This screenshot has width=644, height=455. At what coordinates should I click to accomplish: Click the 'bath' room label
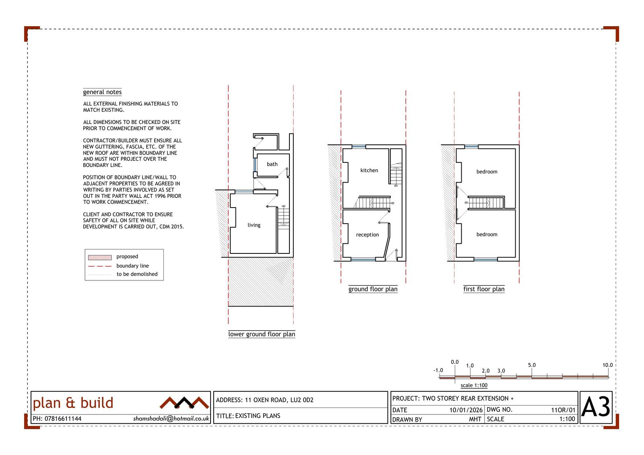point(272,164)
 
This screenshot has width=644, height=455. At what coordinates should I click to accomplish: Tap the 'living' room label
point(254,225)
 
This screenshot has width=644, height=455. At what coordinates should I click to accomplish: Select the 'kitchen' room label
point(369,170)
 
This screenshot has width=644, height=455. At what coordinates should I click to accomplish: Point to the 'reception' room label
point(367,235)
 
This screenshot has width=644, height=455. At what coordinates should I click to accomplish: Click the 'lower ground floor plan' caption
point(262,334)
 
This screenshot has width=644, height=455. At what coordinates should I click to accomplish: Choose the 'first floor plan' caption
point(484,289)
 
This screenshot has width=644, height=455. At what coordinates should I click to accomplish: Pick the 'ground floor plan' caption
point(373,289)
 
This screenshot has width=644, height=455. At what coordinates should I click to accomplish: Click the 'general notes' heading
point(102,92)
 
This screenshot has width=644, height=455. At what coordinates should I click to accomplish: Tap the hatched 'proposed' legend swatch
point(100,257)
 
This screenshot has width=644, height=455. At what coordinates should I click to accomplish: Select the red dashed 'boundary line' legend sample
point(100,266)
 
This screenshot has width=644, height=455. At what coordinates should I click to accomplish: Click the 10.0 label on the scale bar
point(607,365)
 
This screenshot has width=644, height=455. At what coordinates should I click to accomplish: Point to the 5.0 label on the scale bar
point(532,365)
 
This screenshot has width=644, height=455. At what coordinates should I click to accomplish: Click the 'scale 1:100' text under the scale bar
point(474,385)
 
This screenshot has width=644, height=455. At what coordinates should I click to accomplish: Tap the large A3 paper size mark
point(596,407)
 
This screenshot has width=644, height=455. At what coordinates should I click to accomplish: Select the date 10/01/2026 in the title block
point(466,410)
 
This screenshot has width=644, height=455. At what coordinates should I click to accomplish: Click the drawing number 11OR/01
point(563,410)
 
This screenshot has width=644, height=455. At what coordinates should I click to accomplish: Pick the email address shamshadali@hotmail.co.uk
point(171,418)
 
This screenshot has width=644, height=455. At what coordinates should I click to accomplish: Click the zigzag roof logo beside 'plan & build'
point(184,403)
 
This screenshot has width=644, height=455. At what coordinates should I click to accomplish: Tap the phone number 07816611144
point(63,418)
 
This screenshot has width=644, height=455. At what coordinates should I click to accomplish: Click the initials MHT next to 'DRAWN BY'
point(475,419)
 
